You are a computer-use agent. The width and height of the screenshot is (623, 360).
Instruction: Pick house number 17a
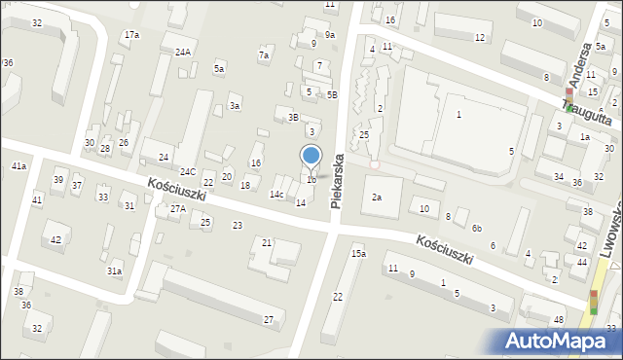pyautogui.click(x=130, y=35)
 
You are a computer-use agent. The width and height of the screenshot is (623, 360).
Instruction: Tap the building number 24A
pyautogui.click(x=183, y=53)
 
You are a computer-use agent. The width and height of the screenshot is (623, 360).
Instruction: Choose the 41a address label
pyautogui.click(x=18, y=166)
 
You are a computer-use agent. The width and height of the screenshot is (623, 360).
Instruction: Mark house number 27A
pyautogui.click(x=177, y=208)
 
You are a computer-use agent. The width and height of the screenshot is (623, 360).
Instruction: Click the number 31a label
pyautogui.click(x=115, y=270)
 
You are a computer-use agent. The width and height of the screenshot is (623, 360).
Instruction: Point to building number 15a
pyautogui.click(x=358, y=253)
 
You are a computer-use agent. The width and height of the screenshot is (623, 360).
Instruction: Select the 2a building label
pyautogui.click(x=377, y=198)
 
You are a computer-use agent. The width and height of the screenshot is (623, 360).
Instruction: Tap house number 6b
pyautogui.click(x=477, y=228)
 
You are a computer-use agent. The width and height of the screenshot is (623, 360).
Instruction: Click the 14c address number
pyautogui.click(x=277, y=195)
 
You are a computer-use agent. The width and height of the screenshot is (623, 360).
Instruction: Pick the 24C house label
pyautogui.click(x=187, y=172)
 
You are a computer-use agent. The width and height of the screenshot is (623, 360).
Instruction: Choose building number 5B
pyautogui.click(x=332, y=94)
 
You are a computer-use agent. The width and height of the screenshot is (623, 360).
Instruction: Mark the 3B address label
pyautogui.click(x=292, y=117)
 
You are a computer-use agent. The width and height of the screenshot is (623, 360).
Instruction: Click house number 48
pyautogui.click(x=558, y=320)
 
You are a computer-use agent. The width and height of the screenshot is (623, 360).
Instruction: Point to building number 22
pyautogui.click(x=338, y=297)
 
